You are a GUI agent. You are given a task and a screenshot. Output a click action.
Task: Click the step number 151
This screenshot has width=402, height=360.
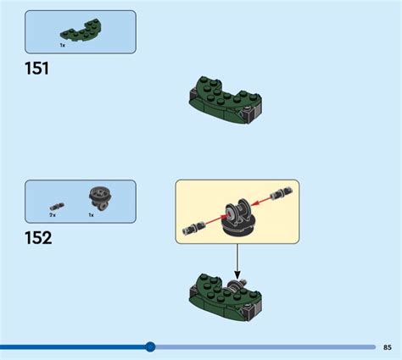point(36,69)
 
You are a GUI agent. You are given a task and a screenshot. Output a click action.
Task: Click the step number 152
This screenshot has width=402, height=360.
point(38,238)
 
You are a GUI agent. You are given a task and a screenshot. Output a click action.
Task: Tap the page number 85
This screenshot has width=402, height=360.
point(388,347)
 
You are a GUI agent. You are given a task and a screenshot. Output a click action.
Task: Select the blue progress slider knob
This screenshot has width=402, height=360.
point(150,346)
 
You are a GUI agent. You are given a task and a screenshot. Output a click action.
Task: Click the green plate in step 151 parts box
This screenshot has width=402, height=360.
point(81,30)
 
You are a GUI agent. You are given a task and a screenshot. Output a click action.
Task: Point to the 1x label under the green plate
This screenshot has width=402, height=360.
point(63,45)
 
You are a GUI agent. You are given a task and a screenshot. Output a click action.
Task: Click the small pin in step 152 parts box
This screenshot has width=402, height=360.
point(57,207)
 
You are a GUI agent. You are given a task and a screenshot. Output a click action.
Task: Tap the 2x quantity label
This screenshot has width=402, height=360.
point(53,215)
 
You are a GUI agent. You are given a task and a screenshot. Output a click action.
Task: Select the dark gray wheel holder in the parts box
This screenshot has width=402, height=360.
point(100,198)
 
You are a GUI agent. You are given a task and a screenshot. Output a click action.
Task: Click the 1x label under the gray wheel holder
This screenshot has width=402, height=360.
point(91,215)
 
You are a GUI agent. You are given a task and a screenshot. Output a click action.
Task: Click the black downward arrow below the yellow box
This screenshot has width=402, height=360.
point(237,261)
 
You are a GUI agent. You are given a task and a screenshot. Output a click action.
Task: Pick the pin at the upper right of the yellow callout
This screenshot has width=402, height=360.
point(282,193)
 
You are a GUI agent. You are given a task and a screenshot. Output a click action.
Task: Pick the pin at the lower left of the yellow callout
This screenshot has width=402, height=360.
point(193,228)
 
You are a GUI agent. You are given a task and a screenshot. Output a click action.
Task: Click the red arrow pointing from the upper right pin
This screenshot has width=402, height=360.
point(261,201)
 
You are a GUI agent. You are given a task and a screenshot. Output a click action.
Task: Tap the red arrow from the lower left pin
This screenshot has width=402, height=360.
point(215,220)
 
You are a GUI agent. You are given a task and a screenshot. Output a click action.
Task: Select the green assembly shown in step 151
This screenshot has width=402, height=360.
point(226,100)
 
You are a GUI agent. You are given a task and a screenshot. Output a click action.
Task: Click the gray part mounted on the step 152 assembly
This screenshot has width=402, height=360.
point(237,285)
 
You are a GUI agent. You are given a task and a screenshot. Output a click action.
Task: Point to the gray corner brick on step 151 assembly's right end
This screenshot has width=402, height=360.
point(251,115)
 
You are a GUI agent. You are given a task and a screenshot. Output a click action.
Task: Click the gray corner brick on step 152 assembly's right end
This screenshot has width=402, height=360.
point(251,313)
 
